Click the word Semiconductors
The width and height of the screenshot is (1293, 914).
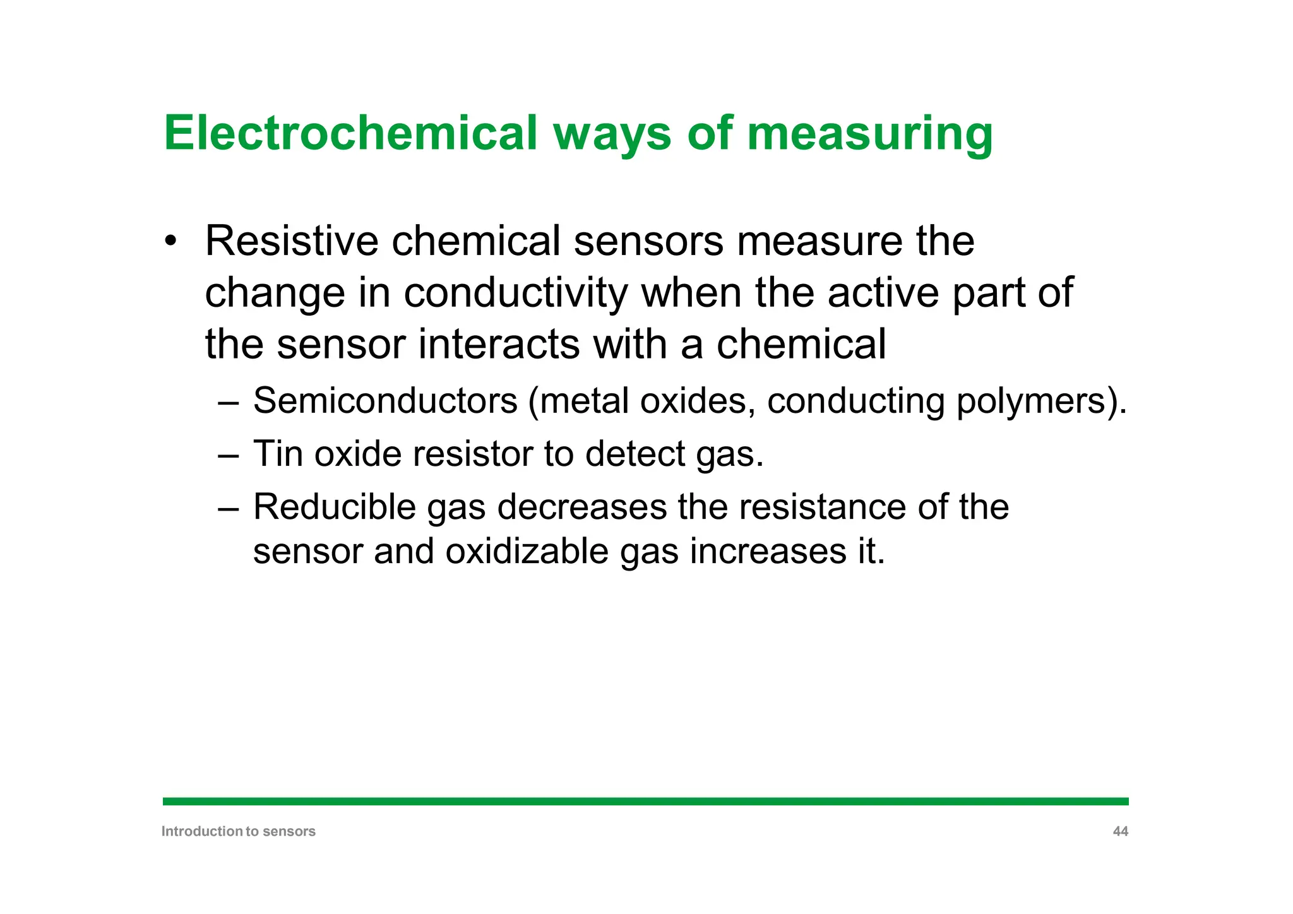pyautogui.click(x=385, y=401)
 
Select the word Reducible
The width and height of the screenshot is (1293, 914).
pyautogui.click(x=334, y=506)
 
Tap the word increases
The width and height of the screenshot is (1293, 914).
pyautogui.click(x=768, y=551)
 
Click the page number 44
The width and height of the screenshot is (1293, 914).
pyautogui.click(x=1120, y=831)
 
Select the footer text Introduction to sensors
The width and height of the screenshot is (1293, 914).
pyautogui.click(x=238, y=831)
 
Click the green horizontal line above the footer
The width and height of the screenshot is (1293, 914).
pyautogui.click(x=645, y=801)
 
